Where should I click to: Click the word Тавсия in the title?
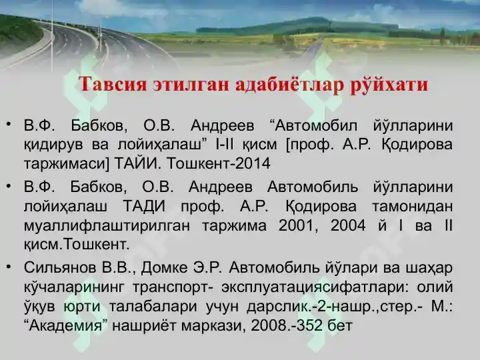point(113,84)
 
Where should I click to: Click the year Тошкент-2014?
point(219,163)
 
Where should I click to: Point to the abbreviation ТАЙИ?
point(138,163)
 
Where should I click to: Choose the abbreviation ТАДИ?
point(144,206)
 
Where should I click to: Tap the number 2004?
point(348,225)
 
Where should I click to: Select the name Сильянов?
point(59,267)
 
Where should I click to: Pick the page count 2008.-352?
point(287,325)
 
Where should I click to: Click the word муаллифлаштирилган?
point(107,225)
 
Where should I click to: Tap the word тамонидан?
point(413,206)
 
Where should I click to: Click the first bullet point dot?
point(9,124)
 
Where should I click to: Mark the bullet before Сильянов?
point(9,267)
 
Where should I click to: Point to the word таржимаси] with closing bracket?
point(67,164)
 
